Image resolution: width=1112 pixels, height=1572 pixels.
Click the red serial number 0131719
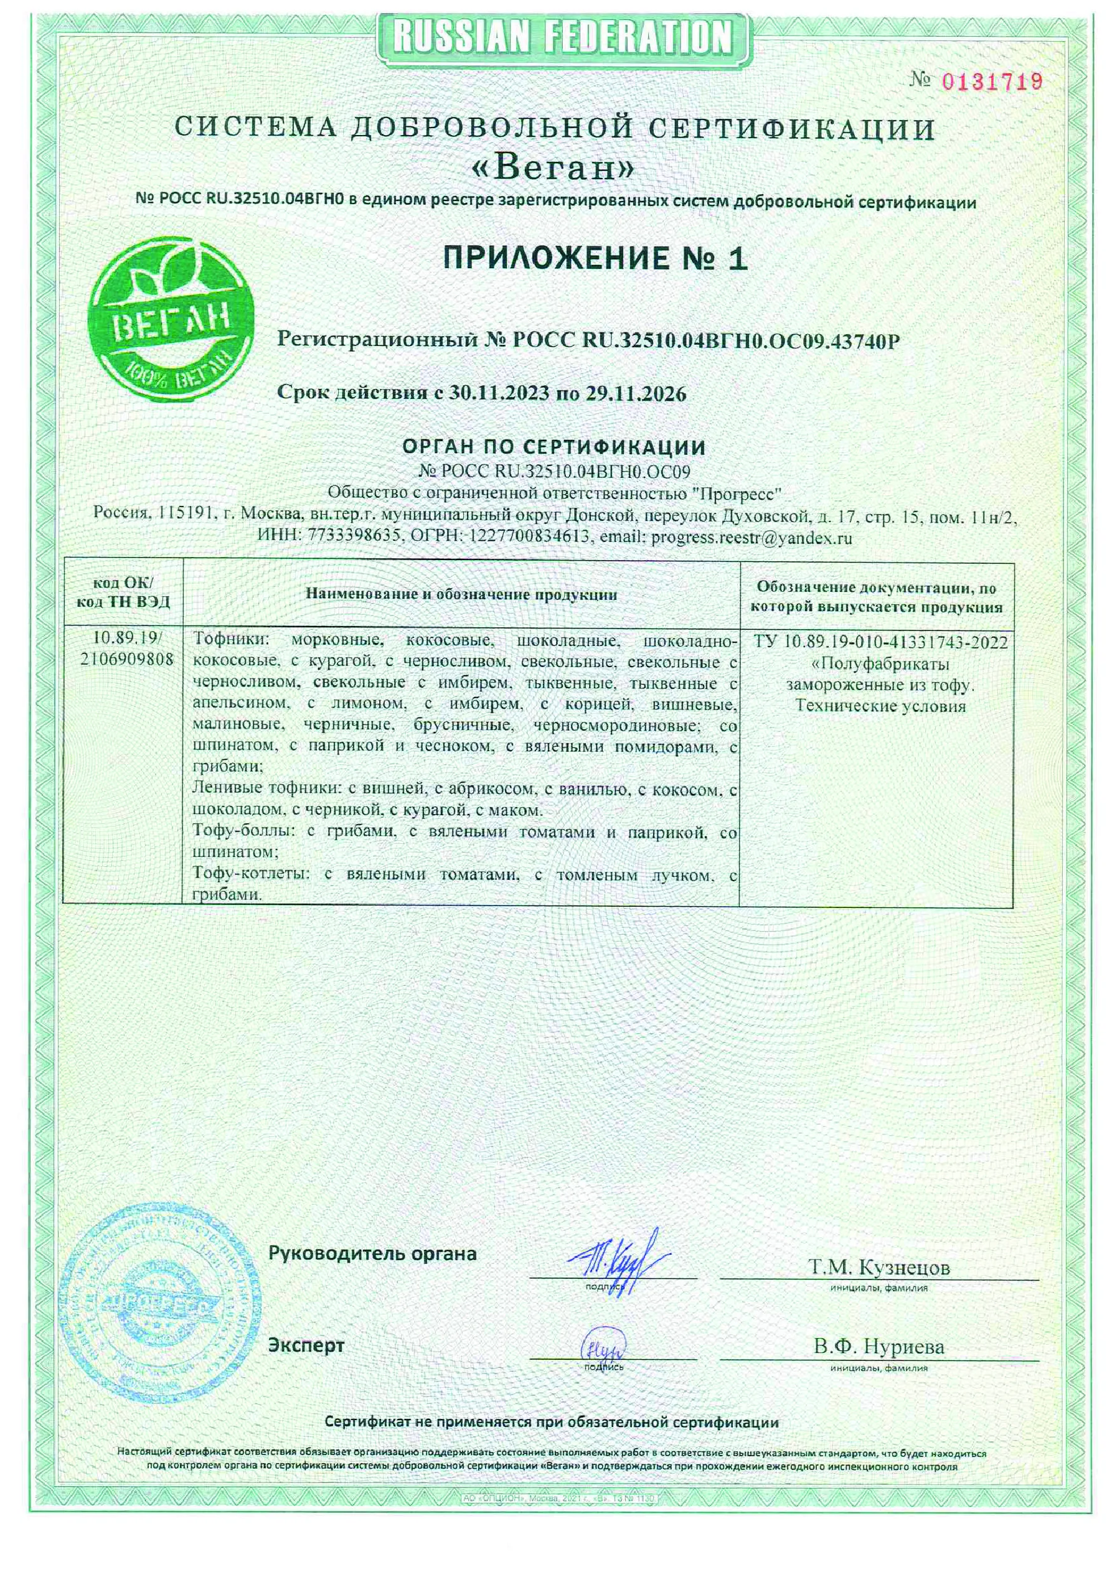point(991,82)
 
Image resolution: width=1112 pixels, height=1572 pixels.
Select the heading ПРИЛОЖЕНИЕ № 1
point(595,259)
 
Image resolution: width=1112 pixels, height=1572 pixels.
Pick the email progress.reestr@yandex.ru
point(752,538)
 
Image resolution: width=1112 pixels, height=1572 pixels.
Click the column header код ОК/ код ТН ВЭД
point(123,592)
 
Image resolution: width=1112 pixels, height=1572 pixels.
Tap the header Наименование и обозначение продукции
point(461,594)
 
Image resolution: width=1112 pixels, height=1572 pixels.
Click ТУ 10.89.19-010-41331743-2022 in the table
point(880,642)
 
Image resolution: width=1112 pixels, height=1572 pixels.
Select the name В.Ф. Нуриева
point(879,1346)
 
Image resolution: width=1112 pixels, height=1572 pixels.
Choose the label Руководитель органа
point(372,1253)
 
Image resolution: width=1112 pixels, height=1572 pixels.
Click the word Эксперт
point(306,1345)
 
